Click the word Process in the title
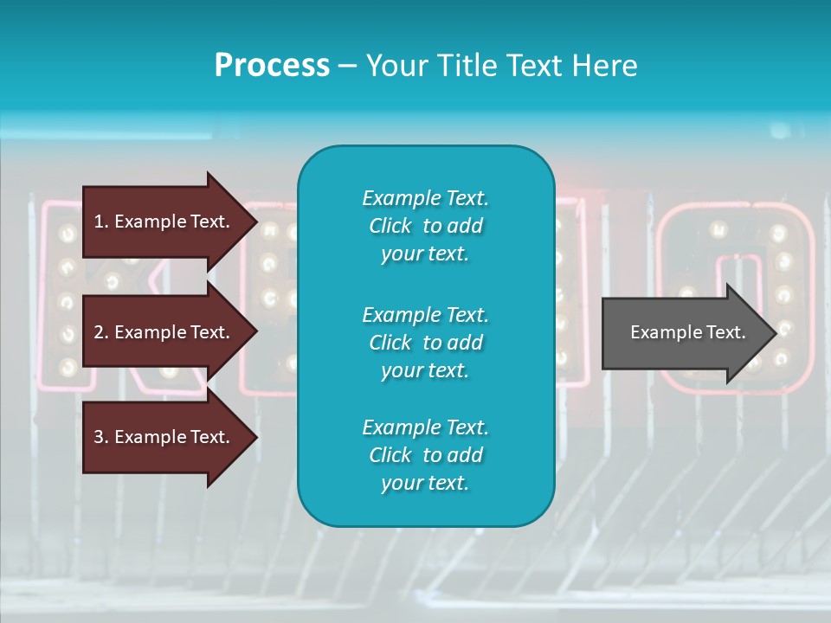[x=272, y=66]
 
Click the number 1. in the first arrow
[x=101, y=222]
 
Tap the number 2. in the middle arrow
[x=101, y=332]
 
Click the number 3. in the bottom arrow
[x=101, y=437]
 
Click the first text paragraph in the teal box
[x=425, y=226]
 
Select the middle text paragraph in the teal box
[x=425, y=343]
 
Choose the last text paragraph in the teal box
[x=425, y=455]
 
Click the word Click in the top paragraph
[x=390, y=227]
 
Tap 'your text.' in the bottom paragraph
[x=425, y=484]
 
